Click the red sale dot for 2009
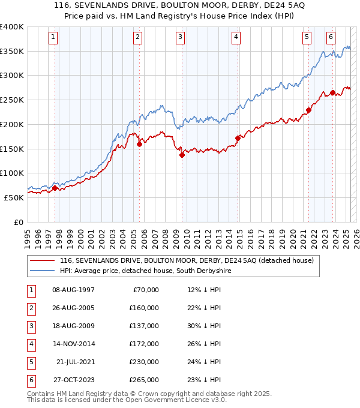tap(182, 155)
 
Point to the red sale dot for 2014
tap(238, 138)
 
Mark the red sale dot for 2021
tap(308, 110)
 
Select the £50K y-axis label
tap(13, 197)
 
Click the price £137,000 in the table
tap(145, 326)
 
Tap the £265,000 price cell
tap(145, 380)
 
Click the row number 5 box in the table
tap(30, 362)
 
